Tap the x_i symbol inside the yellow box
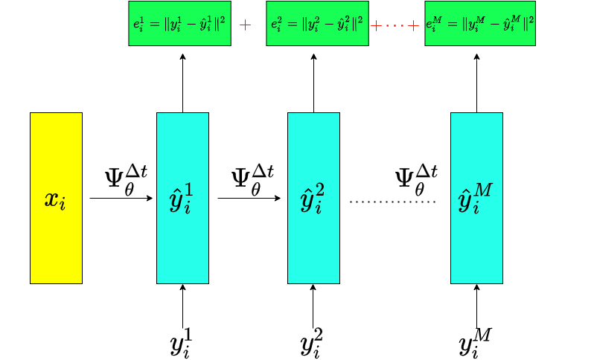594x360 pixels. click(55, 199)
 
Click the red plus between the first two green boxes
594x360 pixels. click(245, 25)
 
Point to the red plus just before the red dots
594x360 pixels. click(376, 26)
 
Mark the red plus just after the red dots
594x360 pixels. click(413, 26)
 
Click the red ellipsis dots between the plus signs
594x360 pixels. click(395, 26)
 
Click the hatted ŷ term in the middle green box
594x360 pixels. click(342, 24)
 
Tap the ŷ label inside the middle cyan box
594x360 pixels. click(312, 199)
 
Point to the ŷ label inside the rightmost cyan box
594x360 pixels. click(475, 199)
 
